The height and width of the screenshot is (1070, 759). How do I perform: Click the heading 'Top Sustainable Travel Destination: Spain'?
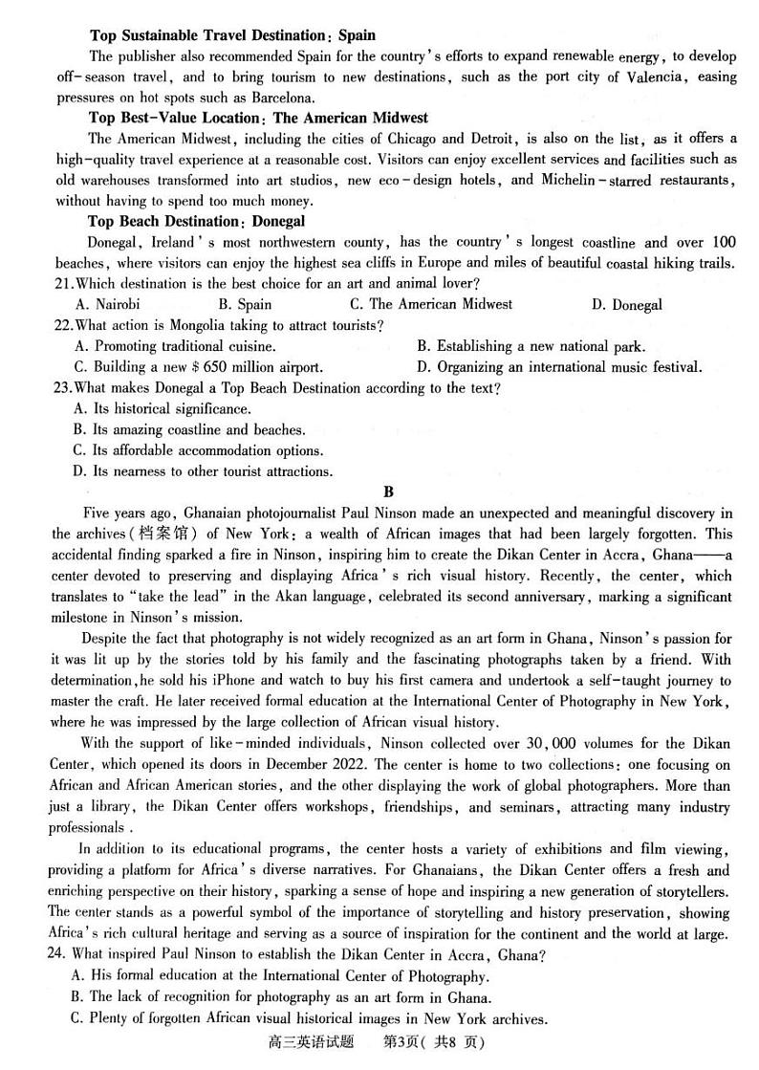232,35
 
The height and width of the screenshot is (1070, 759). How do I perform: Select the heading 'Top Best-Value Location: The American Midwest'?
258,118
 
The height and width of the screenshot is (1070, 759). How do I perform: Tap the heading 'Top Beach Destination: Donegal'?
197,221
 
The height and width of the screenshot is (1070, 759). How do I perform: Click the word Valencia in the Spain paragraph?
654,77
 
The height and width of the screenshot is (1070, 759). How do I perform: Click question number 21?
63,284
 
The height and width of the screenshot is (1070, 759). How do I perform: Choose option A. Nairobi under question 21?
106,305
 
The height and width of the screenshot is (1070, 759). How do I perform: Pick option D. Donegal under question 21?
626,305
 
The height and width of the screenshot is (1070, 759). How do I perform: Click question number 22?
63,326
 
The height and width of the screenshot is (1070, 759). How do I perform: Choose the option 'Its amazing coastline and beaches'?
189,430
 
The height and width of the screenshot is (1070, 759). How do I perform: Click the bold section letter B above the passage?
388,492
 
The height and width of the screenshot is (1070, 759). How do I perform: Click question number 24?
63,954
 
